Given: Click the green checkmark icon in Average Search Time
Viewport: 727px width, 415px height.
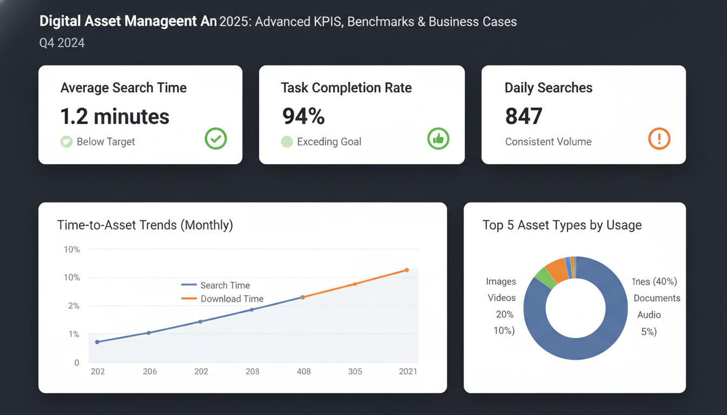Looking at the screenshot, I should [x=216, y=139].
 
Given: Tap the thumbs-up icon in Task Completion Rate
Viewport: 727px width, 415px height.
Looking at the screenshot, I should [x=438, y=139].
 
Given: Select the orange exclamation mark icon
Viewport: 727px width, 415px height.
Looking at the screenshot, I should [x=659, y=139].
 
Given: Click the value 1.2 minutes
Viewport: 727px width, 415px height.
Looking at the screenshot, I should [x=115, y=117].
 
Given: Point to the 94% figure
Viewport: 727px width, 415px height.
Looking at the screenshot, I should [x=303, y=117].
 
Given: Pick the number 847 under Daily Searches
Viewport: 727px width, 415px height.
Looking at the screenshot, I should [x=524, y=117].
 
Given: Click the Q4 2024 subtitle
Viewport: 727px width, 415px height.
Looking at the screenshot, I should [x=62, y=43].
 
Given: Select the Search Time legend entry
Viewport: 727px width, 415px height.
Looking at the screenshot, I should [x=224, y=285].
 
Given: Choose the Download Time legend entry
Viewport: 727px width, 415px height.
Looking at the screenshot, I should [x=232, y=299].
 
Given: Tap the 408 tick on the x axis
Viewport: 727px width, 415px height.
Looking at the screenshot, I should [x=303, y=372].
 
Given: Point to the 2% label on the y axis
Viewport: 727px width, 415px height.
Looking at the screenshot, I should [x=73, y=306].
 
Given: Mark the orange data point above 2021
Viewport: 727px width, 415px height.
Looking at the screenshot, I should [x=407, y=270].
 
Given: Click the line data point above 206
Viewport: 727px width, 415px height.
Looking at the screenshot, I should [x=149, y=333].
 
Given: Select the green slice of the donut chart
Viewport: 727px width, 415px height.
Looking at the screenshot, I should [x=545, y=277].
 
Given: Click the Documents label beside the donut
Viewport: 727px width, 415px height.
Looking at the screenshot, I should [x=657, y=298].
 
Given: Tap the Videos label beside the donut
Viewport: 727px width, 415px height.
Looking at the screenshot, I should [x=501, y=298].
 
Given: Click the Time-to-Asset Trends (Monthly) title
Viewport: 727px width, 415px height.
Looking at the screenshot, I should [x=145, y=225].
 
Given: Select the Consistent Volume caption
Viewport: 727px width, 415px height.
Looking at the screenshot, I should [x=548, y=142].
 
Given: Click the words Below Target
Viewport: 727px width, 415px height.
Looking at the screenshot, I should [x=105, y=142].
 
